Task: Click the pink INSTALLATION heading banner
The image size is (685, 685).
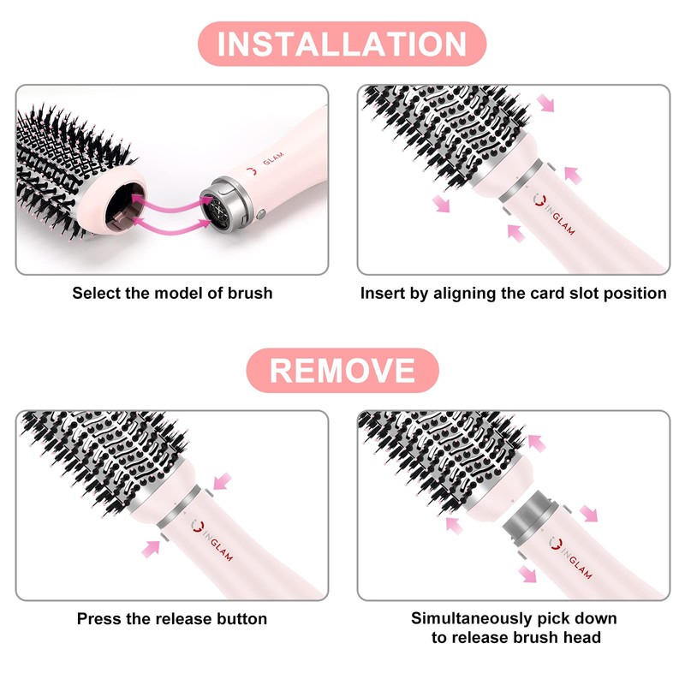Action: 342,44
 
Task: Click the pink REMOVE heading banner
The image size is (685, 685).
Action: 342,370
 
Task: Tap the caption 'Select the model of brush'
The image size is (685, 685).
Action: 172,294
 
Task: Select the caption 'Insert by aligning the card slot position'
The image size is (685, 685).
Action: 513,294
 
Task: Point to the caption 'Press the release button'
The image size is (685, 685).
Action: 172,618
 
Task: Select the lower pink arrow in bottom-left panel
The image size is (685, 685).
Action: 153,545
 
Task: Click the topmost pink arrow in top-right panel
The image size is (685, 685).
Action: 545,104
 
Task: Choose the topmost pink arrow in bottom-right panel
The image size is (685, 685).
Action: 537,443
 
